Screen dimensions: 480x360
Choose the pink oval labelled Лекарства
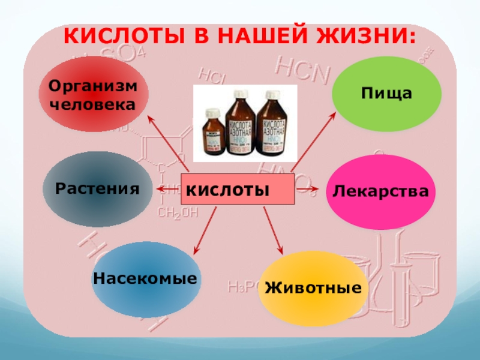[x=380, y=192]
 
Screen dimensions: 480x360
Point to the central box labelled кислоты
[x=238, y=190]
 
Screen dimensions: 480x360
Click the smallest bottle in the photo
[x=212, y=131]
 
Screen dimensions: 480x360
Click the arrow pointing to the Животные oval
[x=273, y=231]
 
